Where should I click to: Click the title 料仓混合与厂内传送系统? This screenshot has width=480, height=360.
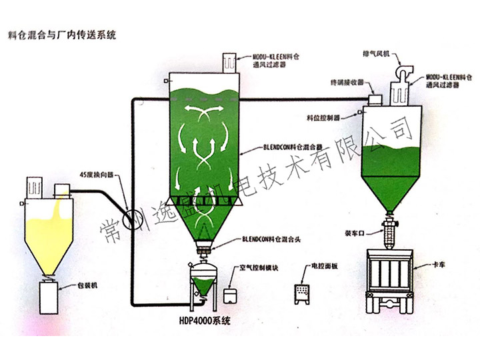point(60,35)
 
